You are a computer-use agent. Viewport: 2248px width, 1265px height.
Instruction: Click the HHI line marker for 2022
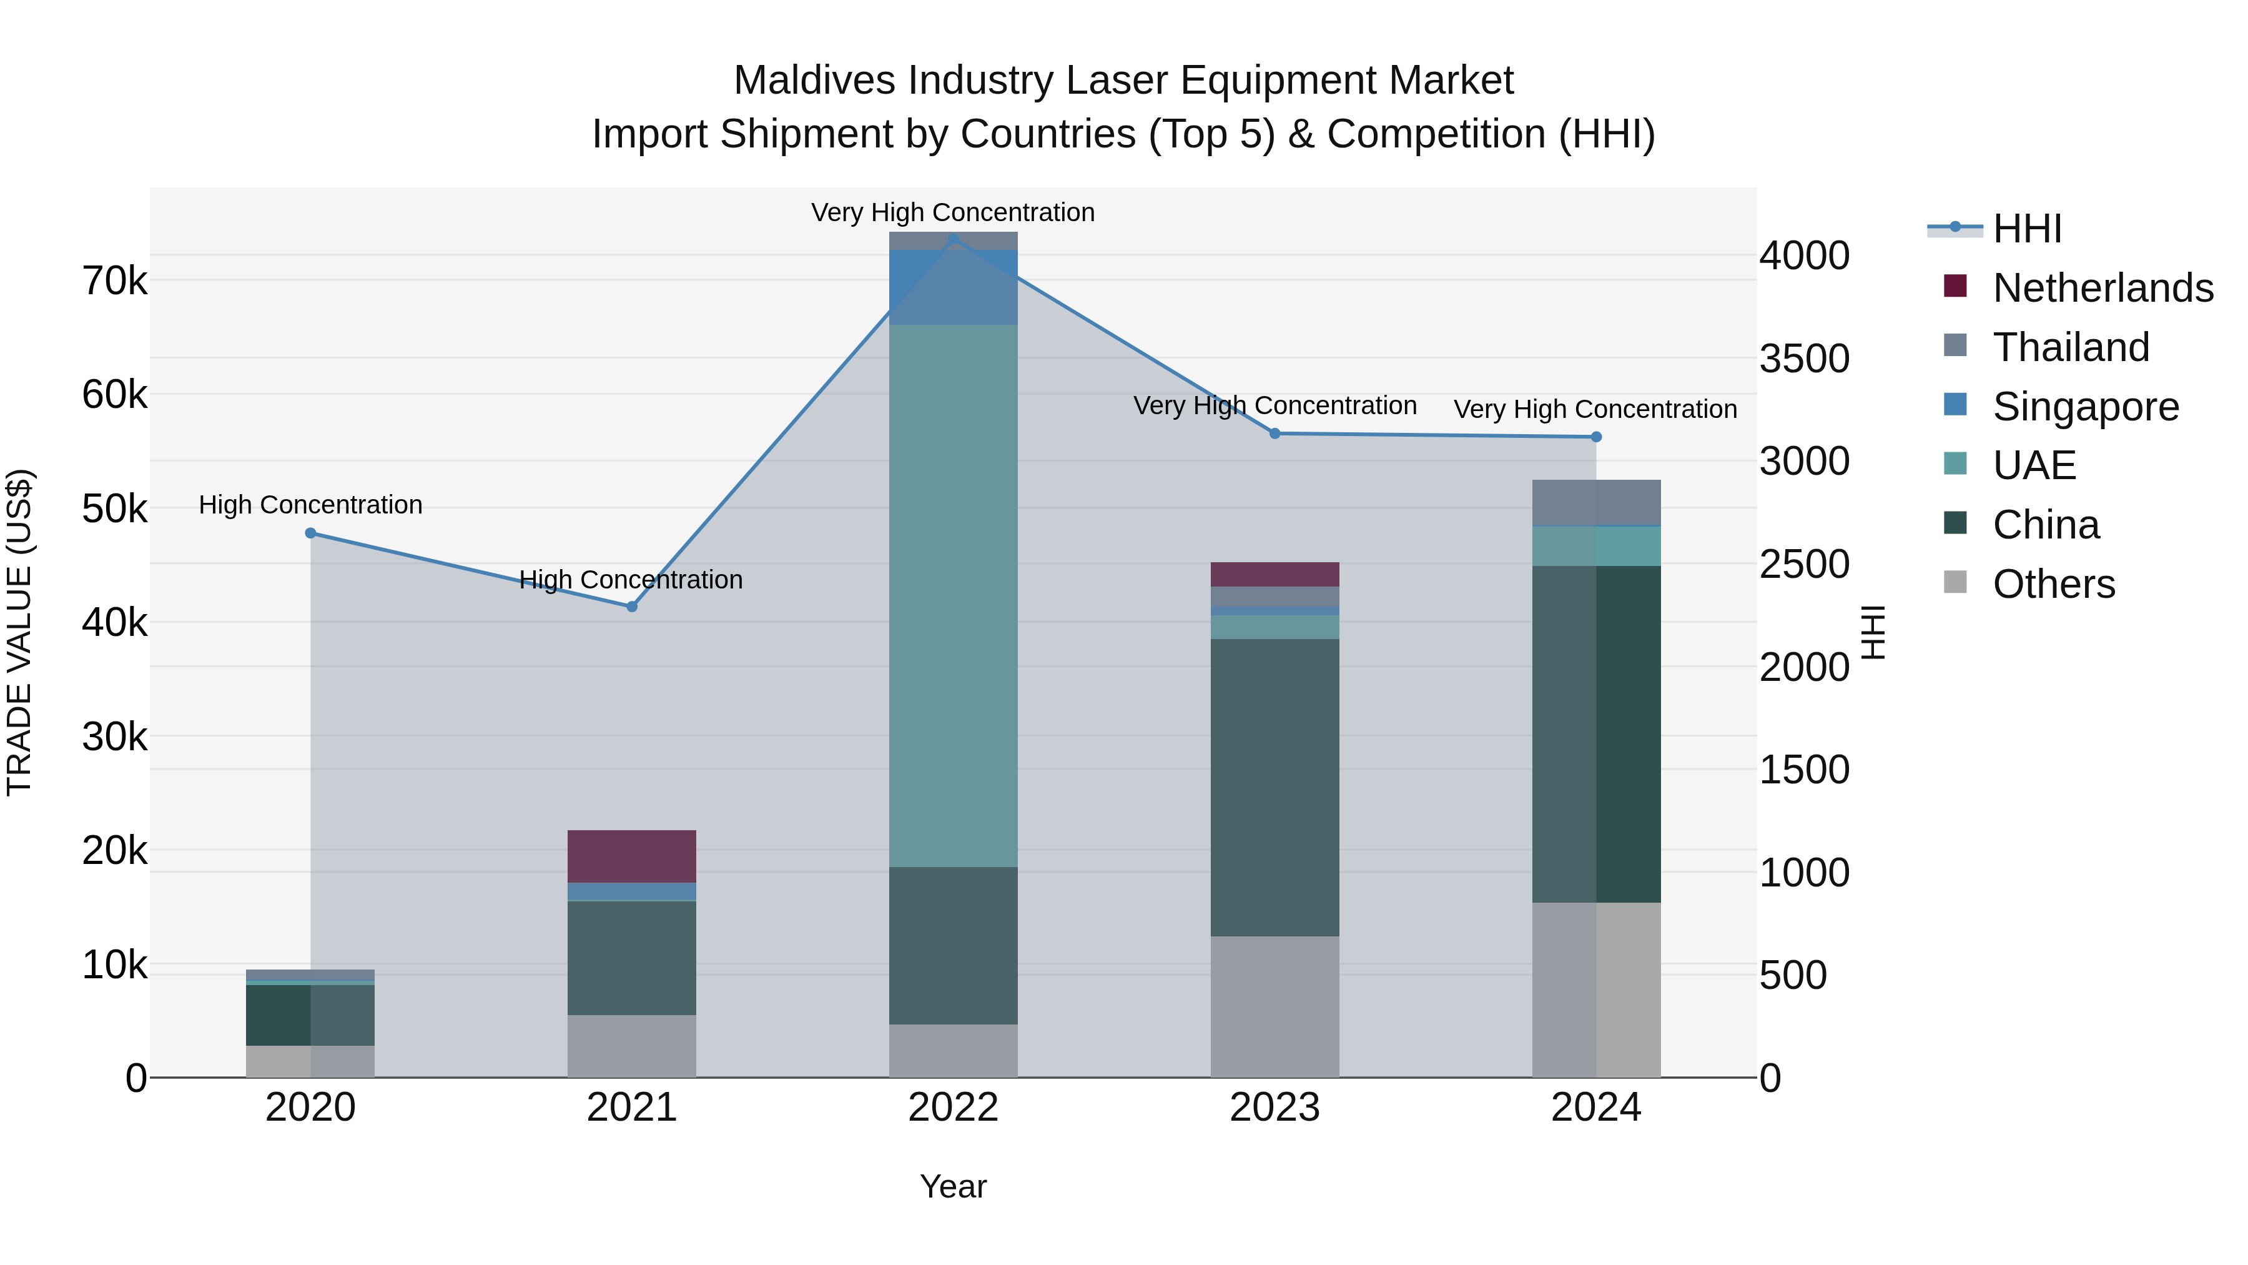953,239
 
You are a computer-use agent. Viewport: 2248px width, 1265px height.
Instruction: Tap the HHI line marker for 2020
311,533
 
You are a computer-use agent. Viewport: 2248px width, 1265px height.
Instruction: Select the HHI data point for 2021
632,607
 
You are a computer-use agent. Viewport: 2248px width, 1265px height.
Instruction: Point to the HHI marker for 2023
1274,434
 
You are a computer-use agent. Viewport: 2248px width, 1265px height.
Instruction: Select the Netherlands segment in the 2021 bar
632,856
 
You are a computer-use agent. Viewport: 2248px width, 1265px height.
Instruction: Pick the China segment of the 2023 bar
1274,788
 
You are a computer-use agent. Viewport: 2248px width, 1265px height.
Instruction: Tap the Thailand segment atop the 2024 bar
1596,503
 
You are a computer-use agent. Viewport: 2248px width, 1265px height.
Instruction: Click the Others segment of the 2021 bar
632,1046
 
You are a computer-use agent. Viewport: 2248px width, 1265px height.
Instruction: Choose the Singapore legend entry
2086,407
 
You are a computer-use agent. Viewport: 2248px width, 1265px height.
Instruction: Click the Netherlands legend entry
2103,288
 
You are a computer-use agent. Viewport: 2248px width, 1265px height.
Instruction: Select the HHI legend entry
2026,229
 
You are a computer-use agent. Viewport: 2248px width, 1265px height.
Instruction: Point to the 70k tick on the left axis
114,281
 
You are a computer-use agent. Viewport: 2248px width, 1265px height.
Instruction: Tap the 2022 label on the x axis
953,1108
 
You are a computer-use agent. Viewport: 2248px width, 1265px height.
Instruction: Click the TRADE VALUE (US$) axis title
20,632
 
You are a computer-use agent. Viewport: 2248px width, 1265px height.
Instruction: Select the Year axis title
953,1186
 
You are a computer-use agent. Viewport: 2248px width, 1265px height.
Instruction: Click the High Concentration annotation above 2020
311,505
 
